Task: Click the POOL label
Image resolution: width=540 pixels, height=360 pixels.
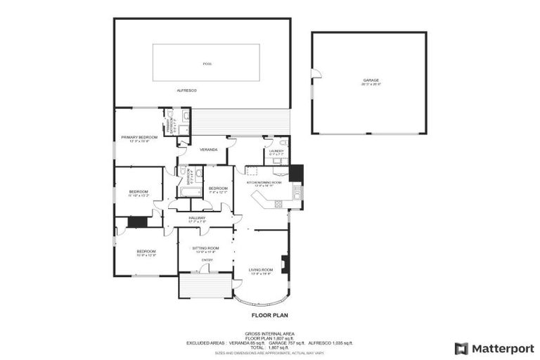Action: point(207,64)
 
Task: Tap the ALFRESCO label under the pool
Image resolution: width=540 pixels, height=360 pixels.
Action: point(186,91)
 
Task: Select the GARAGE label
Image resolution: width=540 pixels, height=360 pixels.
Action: point(371,81)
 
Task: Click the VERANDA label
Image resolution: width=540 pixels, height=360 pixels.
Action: point(208,150)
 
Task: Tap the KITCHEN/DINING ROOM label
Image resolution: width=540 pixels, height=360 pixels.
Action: point(264,183)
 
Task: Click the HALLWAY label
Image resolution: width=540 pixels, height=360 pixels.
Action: point(197,219)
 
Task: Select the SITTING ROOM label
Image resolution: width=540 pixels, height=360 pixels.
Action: point(207,248)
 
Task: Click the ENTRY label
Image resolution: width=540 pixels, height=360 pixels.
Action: point(207,260)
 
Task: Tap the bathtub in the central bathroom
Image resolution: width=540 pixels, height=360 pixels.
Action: point(188,191)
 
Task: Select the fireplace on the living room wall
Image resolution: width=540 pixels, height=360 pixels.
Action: point(284,264)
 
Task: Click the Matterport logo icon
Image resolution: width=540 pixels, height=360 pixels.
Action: point(461,348)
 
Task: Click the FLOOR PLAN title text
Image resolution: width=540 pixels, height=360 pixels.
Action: point(269,316)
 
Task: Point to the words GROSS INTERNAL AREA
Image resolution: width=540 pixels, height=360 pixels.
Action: point(269,333)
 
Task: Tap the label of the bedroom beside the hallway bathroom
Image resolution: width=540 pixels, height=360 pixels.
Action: point(218,188)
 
